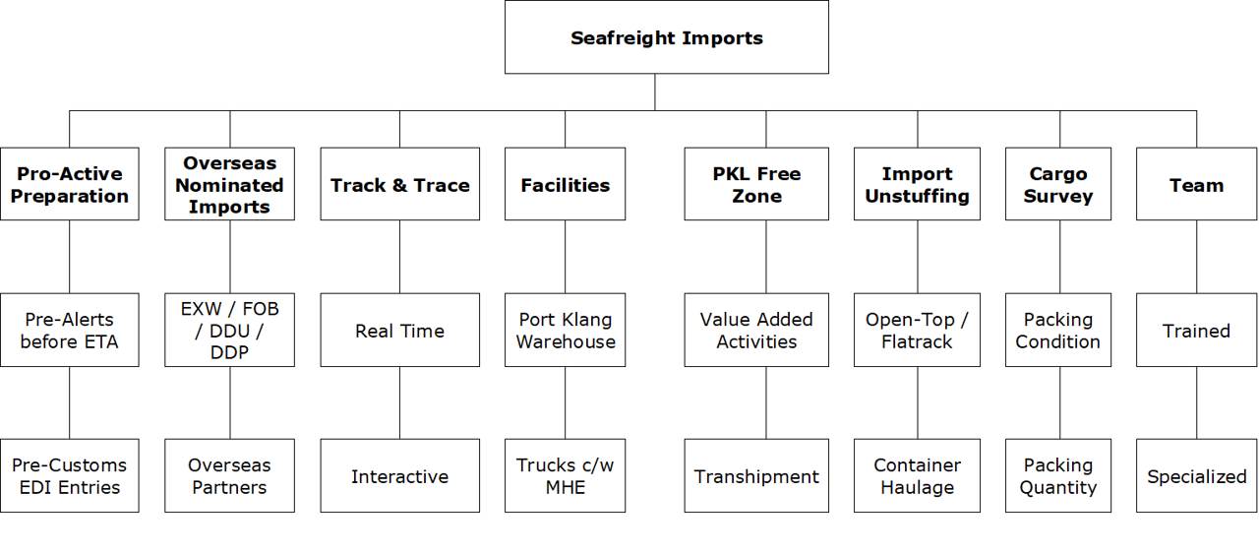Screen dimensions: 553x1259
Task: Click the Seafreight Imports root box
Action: point(666,37)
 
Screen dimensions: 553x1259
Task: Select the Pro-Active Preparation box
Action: point(69,184)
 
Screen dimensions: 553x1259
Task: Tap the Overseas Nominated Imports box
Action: point(229,184)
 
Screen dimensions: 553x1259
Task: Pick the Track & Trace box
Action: point(399,184)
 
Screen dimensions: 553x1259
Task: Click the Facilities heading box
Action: point(565,184)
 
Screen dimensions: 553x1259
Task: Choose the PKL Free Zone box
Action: point(756,184)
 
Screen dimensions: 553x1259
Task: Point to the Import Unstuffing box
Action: point(917,184)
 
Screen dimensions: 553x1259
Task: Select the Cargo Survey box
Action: point(1058,184)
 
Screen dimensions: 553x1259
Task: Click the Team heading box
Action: point(1196,184)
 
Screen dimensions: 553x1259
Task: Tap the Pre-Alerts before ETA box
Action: point(69,330)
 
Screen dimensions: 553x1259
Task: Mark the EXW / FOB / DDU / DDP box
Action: point(229,330)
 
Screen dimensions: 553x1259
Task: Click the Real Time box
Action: point(399,330)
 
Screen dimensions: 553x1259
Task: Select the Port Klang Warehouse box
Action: point(565,330)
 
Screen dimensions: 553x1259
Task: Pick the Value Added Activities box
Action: point(756,330)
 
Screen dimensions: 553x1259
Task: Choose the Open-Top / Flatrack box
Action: point(917,330)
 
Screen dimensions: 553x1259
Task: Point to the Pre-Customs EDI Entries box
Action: point(69,475)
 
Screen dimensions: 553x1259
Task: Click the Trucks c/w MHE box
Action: point(565,475)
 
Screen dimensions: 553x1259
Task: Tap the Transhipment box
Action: point(756,475)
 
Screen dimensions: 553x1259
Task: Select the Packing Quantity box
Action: point(1058,475)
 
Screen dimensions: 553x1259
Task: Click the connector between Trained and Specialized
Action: point(1197,402)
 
